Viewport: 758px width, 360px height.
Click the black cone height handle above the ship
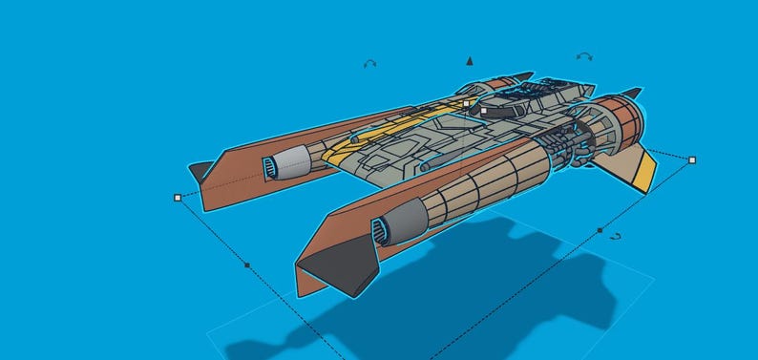coord(469,61)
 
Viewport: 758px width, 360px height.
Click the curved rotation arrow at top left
coord(369,64)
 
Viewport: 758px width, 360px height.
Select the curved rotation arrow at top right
coord(585,56)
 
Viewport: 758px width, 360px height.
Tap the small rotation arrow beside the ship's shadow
coord(616,236)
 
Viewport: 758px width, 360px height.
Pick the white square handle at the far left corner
coord(178,198)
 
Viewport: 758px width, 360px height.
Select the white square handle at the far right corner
coord(692,159)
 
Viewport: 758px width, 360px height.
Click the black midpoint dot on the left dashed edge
coord(247,265)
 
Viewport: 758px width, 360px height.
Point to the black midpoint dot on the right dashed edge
coord(600,230)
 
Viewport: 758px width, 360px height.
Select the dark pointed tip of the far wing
coord(199,171)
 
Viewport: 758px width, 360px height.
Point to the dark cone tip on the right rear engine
coord(631,93)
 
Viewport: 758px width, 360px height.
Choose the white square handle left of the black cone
coord(466,103)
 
